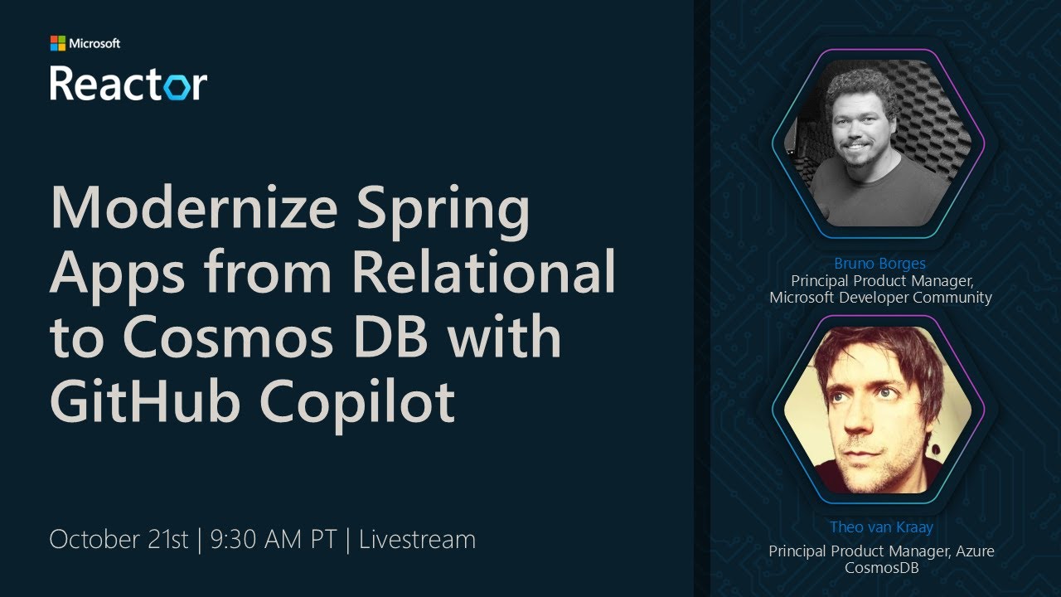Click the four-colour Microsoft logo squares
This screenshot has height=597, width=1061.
pos(57,43)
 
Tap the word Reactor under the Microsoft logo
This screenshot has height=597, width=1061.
pos(128,83)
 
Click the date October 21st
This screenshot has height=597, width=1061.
pos(119,540)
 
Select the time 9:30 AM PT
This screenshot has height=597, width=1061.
pos(274,540)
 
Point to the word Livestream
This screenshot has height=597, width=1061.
pos(417,540)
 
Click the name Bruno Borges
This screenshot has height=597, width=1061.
pos(879,264)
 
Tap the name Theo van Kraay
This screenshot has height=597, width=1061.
pos(880,527)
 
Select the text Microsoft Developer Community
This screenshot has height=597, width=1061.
pos(880,297)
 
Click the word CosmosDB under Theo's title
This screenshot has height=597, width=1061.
pos(881,568)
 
